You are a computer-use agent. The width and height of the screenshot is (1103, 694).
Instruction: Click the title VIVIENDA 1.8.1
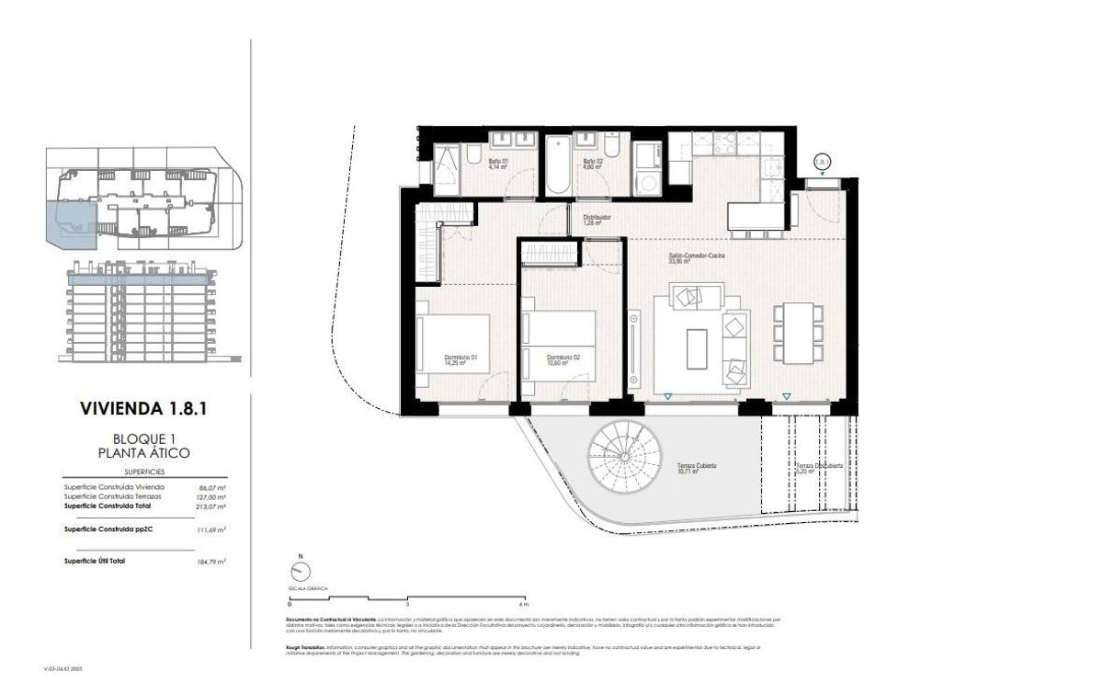click(142, 409)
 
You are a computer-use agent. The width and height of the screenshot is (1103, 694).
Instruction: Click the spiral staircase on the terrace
click(625, 452)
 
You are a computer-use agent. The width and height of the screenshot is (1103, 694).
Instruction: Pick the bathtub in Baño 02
click(557, 165)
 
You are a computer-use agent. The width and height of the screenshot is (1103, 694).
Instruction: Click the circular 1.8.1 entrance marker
click(823, 162)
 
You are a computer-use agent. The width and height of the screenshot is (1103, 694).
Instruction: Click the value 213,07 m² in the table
click(212, 506)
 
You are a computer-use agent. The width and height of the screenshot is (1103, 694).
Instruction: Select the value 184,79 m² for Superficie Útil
click(212, 560)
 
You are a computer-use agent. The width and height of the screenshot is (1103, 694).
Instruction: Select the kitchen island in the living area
click(757, 216)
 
